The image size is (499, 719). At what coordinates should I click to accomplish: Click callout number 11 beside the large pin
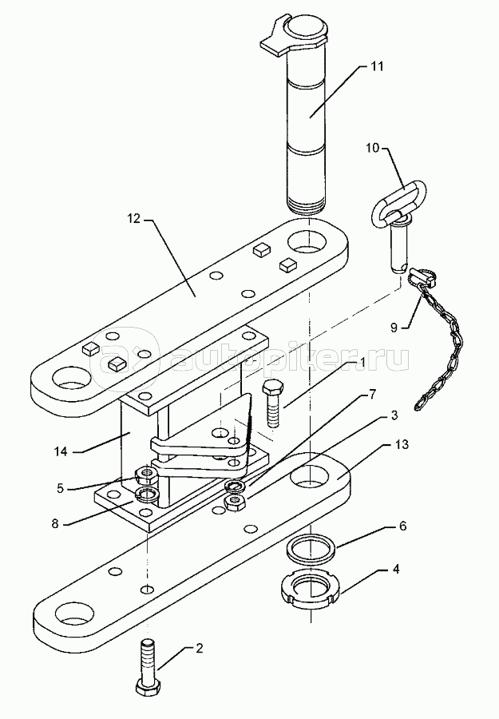[377, 66]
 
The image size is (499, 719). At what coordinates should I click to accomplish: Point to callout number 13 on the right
[402, 445]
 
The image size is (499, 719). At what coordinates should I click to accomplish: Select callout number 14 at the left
[61, 451]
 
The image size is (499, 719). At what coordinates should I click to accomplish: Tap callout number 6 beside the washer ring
[402, 526]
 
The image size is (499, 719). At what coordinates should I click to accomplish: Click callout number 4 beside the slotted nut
[396, 569]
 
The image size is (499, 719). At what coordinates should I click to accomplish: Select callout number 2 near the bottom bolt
[199, 649]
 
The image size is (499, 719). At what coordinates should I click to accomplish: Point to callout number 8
[55, 523]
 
